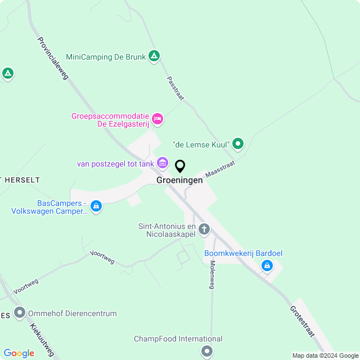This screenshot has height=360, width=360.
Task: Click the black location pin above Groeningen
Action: [x=180, y=166]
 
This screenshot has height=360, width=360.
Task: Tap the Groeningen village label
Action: [x=180, y=181]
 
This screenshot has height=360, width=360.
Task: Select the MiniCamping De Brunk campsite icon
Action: [x=154, y=56]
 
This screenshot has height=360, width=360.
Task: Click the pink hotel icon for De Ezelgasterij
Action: [x=157, y=119]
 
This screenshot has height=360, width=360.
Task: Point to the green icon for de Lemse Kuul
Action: [x=238, y=144]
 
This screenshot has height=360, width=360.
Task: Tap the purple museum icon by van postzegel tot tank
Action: [x=163, y=164]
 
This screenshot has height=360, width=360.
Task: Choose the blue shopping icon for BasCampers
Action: [x=96, y=206]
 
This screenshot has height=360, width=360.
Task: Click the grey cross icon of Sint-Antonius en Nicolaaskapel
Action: [x=204, y=229]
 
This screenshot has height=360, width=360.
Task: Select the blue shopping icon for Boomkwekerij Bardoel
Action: [x=267, y=265]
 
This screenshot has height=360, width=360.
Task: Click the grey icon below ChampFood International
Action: [x=207, y=352]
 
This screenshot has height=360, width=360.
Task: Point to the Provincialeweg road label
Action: [x=52, y=58]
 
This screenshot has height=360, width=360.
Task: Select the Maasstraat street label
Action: [x=219, y=168]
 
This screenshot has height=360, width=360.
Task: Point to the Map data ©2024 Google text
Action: [x=325, y=355]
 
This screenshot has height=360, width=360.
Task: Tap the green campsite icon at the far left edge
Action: [x=7, y=73]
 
